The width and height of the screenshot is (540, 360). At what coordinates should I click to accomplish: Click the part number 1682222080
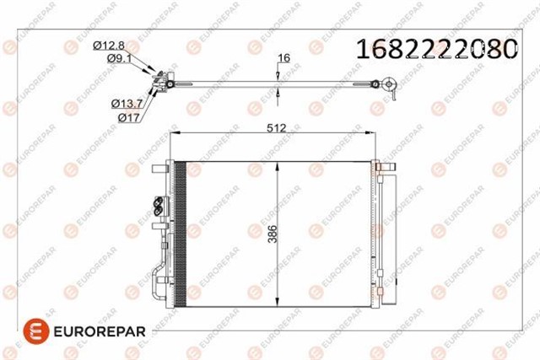point(437,49)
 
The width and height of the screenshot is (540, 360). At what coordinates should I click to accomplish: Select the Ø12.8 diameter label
point(109,45)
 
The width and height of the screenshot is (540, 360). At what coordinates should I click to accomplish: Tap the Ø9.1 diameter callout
point(119,58)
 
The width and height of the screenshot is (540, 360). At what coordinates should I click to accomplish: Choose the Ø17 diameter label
point(129,118)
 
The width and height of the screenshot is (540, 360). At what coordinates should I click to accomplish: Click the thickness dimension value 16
point(283,58)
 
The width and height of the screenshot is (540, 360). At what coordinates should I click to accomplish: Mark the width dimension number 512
point(277,128)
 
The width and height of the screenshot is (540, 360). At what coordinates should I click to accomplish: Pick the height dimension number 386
point(273,234)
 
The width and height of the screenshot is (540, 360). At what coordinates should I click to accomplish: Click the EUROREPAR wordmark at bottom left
point(100,331)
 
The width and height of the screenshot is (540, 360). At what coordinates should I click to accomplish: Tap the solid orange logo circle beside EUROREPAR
point(36,331)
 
